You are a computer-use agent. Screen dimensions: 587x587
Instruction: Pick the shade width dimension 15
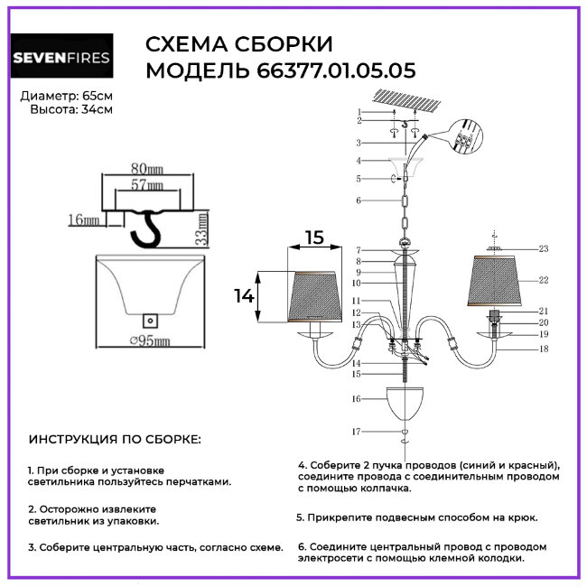(x=312, y=238)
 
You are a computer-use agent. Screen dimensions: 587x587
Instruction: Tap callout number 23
(x=544, y=248)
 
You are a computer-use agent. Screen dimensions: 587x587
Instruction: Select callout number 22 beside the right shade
(x=544, y=280)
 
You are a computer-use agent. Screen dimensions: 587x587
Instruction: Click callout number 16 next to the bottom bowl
(x=357, y=398)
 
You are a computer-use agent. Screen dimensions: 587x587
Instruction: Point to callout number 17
(x=357, y=431)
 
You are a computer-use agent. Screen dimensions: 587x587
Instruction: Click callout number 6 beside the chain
(x=359, y=200)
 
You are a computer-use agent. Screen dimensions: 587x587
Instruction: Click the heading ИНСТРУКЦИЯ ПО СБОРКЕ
(x=116, y=440)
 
